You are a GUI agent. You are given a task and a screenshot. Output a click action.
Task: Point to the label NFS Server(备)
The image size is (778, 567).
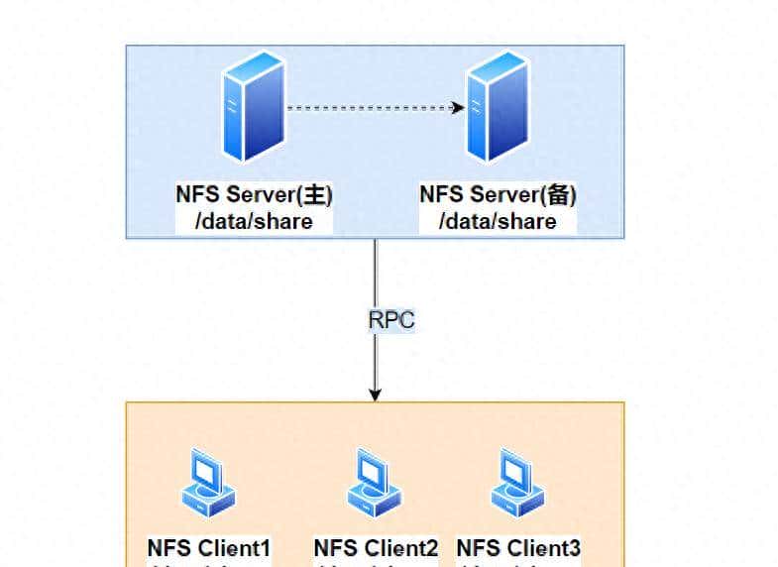(x=497, y=194)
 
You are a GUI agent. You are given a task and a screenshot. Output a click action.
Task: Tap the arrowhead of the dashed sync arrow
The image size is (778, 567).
(x=459, y=107)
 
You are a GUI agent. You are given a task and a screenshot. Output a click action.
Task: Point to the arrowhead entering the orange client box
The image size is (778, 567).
(x=376, y=396)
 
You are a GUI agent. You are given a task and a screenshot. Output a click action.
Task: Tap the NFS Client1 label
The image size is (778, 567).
(x=209, y=548)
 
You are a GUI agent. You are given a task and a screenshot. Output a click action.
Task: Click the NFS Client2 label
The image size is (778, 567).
(x=376, y=548)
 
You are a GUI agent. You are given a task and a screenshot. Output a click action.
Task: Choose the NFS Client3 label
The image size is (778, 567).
(x=518, y=548)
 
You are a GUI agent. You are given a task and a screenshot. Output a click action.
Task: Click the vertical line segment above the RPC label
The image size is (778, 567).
(x=376, y=273)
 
